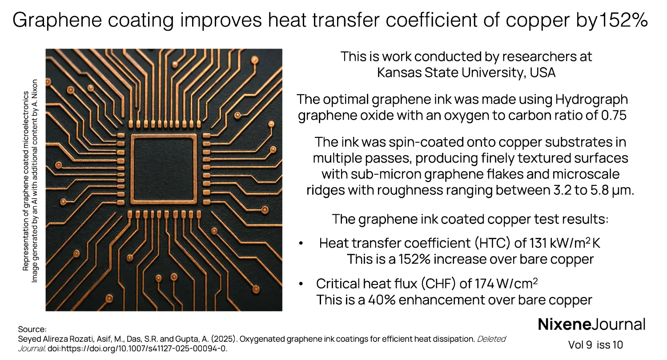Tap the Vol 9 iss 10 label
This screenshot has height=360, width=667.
click(595, 345)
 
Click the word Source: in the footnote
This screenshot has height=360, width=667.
click(32, 329)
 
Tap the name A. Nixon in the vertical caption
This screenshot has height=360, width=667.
click(35, 91)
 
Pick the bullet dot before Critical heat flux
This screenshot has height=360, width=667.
click(301, 284)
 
